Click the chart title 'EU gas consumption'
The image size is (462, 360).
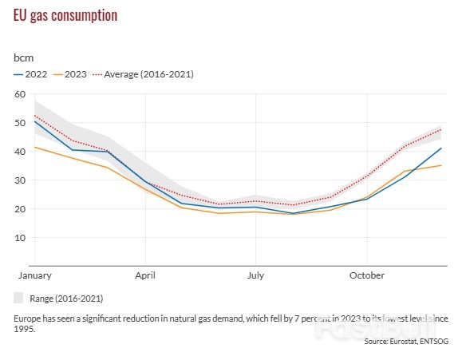[65, 16]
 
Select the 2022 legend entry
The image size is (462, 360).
[31, 74]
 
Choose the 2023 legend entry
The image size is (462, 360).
[69, 74]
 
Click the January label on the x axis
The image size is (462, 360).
[34, 275]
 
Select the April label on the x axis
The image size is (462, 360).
[145, 275]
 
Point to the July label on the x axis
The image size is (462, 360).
[255, 275]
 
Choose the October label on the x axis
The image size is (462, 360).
[366, 275]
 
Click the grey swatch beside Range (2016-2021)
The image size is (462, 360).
[19, 298]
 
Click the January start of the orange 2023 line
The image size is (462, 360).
[34, 147]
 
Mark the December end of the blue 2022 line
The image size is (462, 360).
[441, 148]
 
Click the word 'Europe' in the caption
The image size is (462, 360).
[28, 318]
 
